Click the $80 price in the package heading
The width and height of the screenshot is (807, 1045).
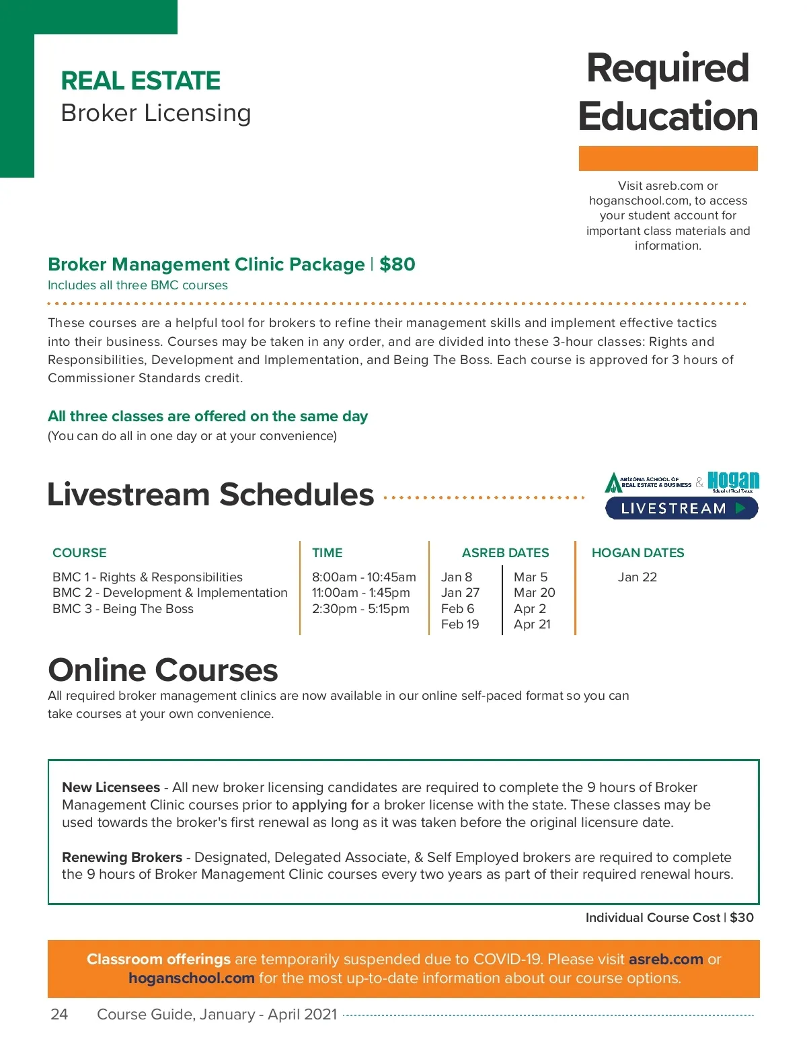(397, 264)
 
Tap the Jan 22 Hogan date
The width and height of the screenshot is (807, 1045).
(637, 577)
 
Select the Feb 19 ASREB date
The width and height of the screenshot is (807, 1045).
(460, 624)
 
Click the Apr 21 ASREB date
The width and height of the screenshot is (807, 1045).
(532, 624)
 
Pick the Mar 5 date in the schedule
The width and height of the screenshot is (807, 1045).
(531, 577)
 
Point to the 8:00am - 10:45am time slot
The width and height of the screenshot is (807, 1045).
(364, 577)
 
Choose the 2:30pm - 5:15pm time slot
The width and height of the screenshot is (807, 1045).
(360, 609)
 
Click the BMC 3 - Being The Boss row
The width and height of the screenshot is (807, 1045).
(123, 609)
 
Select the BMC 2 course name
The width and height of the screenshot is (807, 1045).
(169, 593)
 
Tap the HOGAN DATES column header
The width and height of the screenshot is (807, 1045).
(638, 553)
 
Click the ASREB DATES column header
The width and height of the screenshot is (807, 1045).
(505, 553)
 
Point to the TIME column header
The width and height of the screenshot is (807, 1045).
(327, 553)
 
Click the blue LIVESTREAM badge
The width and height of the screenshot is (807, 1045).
(681, 509)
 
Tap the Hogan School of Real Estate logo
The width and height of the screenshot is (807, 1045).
(733, 482)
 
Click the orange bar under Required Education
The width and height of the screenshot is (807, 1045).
(668, 158)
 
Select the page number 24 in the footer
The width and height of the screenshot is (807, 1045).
(59, 1014)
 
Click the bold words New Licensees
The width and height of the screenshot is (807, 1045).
(111, 787)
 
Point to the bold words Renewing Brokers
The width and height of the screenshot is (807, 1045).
(122, 857)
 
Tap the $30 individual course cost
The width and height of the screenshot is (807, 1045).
(742, 918)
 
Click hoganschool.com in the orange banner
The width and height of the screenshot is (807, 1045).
(192, 978)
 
